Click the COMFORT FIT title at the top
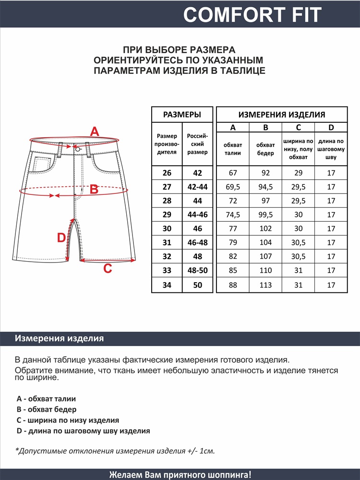click(252, 15)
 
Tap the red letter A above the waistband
click(95, 131)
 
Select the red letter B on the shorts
click(94, 190)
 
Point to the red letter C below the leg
click(108, 269)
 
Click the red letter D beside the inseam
click(61, 238)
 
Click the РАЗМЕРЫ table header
click(182, 115)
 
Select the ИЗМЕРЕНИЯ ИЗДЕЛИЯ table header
click(282, 115)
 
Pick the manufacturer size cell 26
click(167, 173)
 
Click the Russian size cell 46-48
click(197, 243)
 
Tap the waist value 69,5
click(233, 187)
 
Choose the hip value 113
click(265, 285)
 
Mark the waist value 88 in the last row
click(233, 285)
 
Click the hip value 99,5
click(265, 215)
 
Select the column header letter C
click(298, 127)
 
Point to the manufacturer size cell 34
click(167, 285)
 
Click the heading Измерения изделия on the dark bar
click(60, 338)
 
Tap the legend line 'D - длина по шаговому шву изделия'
click(83, 431)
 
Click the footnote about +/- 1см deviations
click(115, 451)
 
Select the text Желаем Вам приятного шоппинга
click(180, 475)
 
